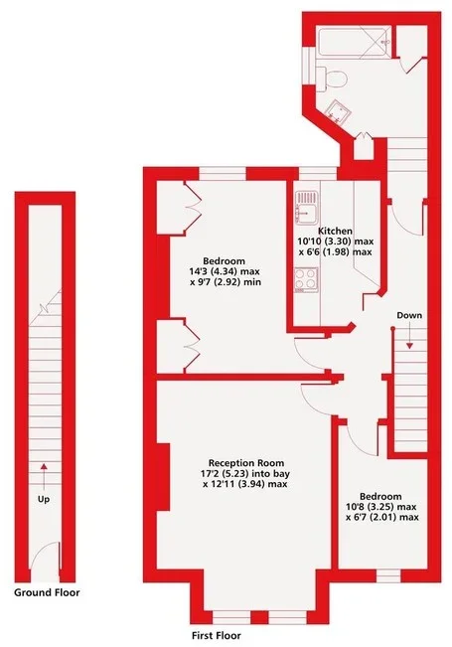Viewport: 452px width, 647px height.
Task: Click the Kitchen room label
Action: [x=336, y=231]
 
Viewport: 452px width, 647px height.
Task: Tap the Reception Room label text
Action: [x=246, y=463]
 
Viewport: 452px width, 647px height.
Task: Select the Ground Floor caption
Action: [x=47, y=592]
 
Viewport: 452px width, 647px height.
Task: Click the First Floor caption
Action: [x=217, y=635]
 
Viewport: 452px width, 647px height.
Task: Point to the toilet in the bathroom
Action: [x=333, y=79]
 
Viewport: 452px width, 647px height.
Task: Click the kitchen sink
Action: [x=306, y=208]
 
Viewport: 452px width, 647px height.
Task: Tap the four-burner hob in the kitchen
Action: [x=306, y=279]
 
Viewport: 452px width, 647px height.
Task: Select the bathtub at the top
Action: [x=354, y=42]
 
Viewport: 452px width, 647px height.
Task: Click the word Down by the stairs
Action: [x=409, y=316]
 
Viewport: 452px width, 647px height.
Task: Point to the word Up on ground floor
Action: [x=44, y=499]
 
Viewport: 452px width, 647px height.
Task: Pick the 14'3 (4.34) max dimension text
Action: [x=225, y=272]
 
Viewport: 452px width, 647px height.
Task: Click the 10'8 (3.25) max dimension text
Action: [x=380, y=507]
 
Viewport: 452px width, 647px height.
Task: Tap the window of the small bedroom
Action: [x=388, y=575]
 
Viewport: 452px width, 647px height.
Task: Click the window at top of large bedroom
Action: [x=223, y=174]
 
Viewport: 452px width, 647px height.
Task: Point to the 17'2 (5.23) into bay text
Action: [x=245, y=474]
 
